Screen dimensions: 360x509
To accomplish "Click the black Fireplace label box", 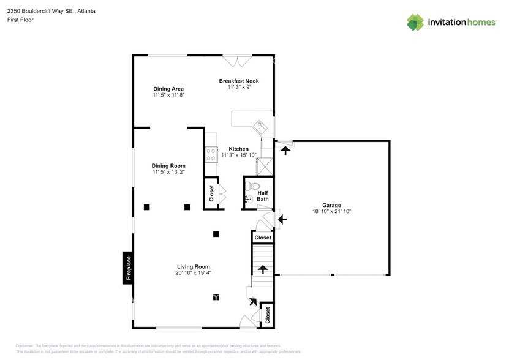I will [128, 268].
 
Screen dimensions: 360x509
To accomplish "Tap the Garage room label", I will [331, 205].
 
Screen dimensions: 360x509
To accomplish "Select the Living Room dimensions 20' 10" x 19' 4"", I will [194, 273].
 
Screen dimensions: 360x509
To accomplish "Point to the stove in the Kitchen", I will [211, 154].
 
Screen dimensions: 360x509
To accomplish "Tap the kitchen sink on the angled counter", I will [259, 127].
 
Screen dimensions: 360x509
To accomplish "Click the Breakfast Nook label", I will [239, 81].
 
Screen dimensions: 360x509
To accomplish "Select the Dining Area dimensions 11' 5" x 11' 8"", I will [168, 95].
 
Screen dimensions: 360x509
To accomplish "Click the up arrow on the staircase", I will [262, 269].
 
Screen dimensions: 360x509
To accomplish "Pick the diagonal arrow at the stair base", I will [253, 301].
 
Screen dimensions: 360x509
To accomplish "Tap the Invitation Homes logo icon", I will [416, 23].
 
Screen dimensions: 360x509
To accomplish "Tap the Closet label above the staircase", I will [263, 238].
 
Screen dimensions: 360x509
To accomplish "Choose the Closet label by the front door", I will [268, 315].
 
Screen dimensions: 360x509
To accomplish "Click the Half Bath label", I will [262, 196].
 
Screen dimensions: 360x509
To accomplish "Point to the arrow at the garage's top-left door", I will [285, 148].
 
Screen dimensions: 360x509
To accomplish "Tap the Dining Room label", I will [168, 166].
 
